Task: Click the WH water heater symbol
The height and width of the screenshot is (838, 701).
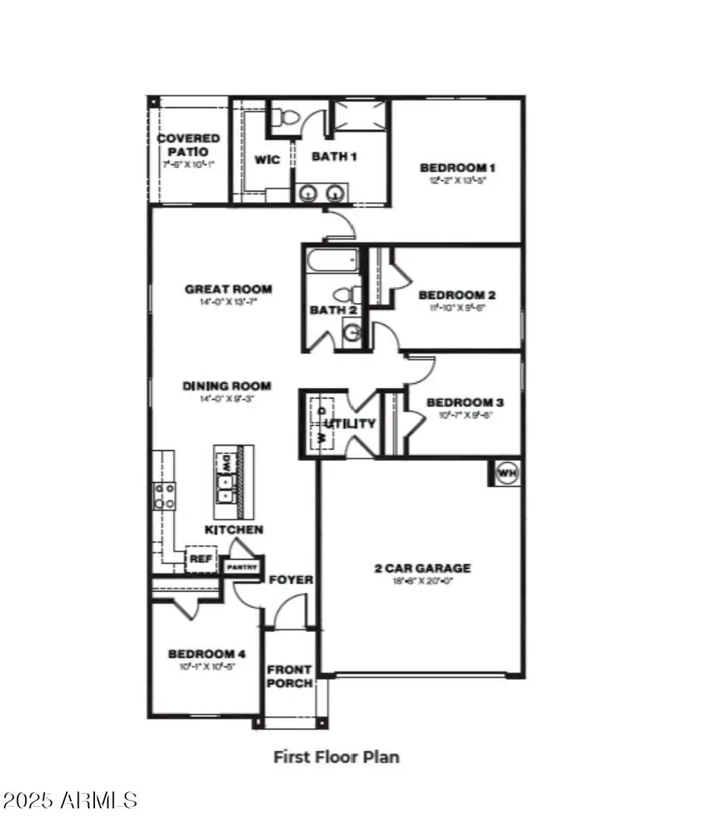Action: pyautogui.click(x=506, y=473)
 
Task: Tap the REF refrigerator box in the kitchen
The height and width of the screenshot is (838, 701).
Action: pyautogui.click(x=200, y=558)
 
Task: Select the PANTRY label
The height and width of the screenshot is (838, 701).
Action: pyautogui.click(x=241, y=567)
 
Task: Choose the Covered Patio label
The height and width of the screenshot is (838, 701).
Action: pyautogui.click(x=188, y=144)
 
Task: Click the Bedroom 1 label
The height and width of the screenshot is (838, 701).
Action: pyautogui.click(x=457, y=167)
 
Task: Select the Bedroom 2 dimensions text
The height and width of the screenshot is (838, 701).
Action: pyautogui.click(x=457, y=308)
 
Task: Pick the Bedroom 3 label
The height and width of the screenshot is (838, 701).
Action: pyautogui.click(x=465, y=403)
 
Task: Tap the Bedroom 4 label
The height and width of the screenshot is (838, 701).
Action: pyautogui.click(x=202, y=653)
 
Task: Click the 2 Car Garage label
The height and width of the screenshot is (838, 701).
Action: pyautogui.click(x=421, y=568)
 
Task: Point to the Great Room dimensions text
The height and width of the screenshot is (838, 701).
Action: pyautogui.click(x=228, y=301)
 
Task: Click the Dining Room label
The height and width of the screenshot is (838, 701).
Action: pyautogui.click(x=227, y=386)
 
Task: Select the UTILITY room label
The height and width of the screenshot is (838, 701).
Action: pyautogui.click(x=350, y=424)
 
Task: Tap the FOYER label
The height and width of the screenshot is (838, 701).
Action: pyautogui.click(x=291, y=580)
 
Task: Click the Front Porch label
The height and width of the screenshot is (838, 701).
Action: pyautogui.click(x=290, y=676)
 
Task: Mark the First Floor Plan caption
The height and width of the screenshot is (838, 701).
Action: pyautogui.click(x=336, y=756)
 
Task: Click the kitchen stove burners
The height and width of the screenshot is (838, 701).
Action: pyautogui.click(x=164, y=495)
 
